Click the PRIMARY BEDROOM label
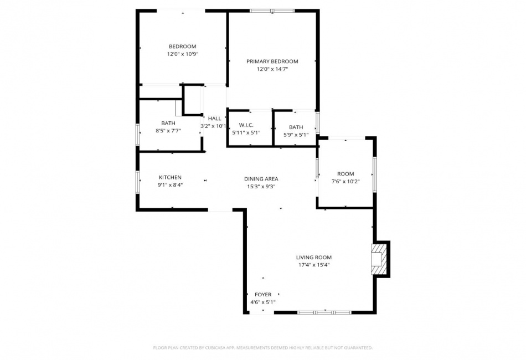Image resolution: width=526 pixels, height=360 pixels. tap(272, 61)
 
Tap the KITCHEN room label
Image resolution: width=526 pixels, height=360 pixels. tap(170, 177)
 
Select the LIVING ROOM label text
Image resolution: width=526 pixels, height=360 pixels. tap(313, 258)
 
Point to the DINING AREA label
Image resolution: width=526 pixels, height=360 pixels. tap(261, 179)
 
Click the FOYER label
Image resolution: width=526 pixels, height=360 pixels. tap(263, 295)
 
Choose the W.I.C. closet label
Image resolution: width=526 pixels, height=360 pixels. tap(246, 125)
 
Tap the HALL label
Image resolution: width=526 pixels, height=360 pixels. tap(214, 119)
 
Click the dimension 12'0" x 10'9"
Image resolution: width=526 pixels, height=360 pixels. tap(183, 54)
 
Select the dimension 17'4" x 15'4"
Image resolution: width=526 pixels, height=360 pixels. tap(314, 265)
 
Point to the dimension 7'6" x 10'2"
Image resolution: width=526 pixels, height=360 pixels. tap(345, 182)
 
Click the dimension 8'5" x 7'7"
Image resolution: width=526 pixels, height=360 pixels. tap(168, 131)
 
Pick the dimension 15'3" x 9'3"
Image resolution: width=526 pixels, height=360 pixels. tap(261, 187)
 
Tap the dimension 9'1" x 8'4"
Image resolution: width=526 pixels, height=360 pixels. tap(170, 185)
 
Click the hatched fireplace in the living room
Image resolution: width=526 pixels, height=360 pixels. tap(379, 259)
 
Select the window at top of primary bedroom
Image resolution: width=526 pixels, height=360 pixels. tap(272, 11)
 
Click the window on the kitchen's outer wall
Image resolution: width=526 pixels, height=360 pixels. tap(137, 182)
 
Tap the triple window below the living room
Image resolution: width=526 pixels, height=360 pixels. tap(324, 312)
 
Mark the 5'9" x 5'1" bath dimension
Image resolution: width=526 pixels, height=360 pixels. tap(296, 135)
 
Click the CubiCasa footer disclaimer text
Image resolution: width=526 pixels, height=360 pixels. tap(262, 348)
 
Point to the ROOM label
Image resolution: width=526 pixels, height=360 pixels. tap(345, 174)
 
